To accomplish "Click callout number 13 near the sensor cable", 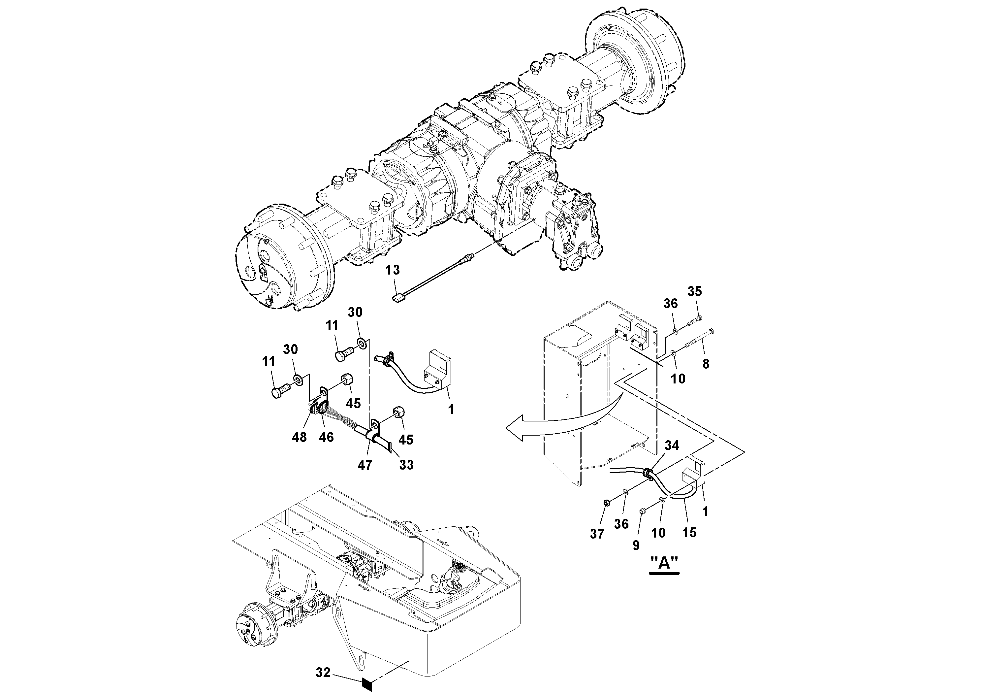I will [392, 270].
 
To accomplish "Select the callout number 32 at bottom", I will [323, 673].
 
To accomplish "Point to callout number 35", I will [695, 291].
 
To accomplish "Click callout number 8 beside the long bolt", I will [706, 364].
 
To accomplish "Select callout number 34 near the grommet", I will [672, 446].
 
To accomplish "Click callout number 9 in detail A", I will [636, 545].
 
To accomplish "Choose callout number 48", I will [300, 437].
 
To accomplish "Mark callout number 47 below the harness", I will [365, 465].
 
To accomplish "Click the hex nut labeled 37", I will [607, 502].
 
